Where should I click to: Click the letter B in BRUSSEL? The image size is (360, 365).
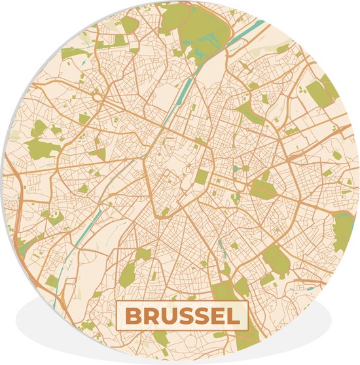(x=133, y=317)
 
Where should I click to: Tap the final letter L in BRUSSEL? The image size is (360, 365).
(x=233, y=317)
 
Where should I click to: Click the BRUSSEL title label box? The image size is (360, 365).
(x=183, y=317)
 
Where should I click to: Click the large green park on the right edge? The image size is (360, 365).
(x=343, y=229)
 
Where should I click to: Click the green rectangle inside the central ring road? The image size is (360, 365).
(x=202, y=177)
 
